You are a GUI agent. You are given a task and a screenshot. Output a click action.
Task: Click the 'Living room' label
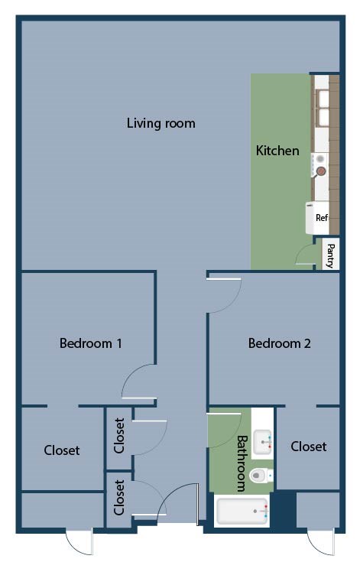[x=161, y=123]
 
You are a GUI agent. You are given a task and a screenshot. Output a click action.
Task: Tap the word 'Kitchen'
[x=277, y=151]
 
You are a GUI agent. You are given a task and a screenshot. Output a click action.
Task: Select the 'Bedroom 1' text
[x=91, y=343]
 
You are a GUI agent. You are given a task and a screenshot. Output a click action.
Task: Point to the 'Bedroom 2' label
[x=279, y=343]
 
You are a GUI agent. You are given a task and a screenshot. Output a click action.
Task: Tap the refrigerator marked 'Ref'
[x=320, y=217]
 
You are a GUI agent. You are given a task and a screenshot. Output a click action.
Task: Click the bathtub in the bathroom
[x=242, y=511]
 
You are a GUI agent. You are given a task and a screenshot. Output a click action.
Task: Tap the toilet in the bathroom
[x=261, y=476]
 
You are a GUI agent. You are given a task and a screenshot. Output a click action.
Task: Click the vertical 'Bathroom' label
[x=242, y=463]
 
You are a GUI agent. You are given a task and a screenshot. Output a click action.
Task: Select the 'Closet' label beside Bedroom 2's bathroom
[x=308, y=447]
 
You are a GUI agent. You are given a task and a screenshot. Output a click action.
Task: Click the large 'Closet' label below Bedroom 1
[x=61, y=450]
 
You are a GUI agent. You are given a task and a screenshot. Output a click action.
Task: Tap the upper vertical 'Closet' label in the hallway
[x=119, y=436]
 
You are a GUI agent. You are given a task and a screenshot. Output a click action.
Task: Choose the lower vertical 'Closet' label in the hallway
[x=119, y=496]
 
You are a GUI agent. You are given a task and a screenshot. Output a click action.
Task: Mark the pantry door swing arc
[x=306, y=255]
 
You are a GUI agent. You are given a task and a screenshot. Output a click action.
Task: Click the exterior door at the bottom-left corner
[x=79, y=541]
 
